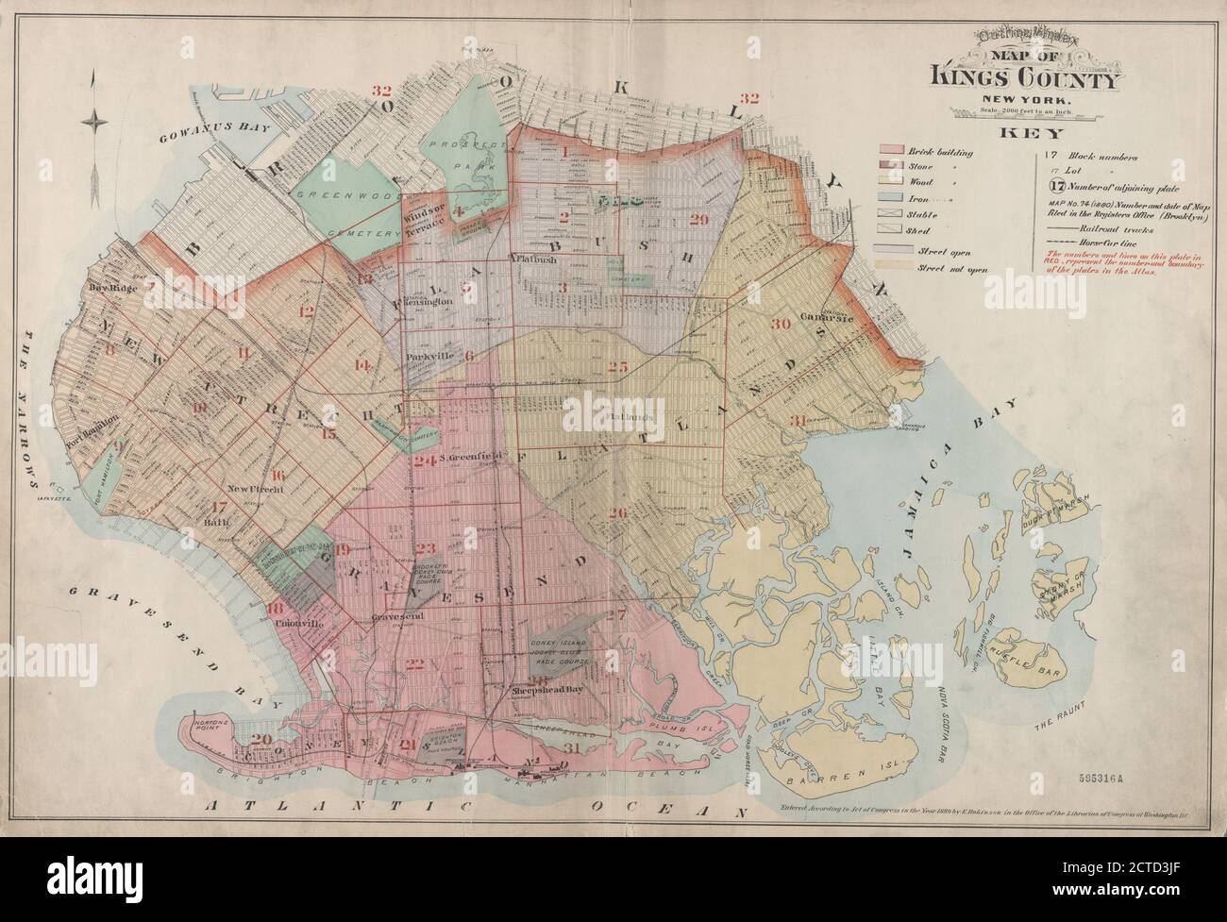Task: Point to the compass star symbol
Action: click(95, 119)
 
